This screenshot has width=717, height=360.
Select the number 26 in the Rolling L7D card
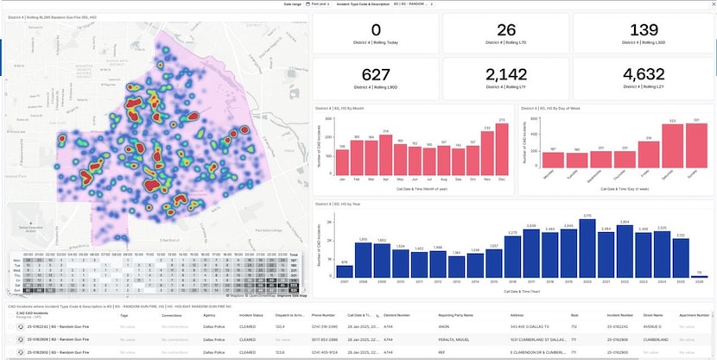[x=506, y=30]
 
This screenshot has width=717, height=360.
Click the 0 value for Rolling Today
[x=376, y=30]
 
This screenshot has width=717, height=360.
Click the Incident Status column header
[x=251, y=316]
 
